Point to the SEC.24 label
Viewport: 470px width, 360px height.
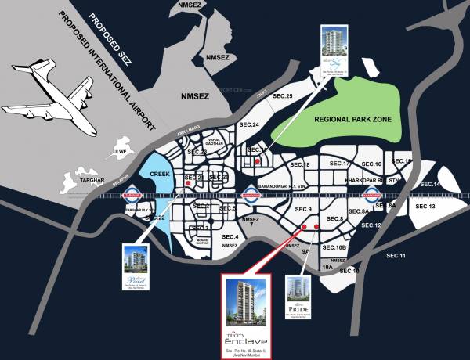click(249, 125)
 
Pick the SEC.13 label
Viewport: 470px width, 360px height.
click(426, 206)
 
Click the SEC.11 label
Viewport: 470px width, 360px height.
click(397, 256)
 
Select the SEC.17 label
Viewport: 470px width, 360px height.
click(339, 164)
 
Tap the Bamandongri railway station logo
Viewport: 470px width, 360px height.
click(249, 196)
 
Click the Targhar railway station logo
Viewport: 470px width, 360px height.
click(132, 196)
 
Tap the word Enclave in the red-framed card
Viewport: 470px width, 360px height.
click(244, 343)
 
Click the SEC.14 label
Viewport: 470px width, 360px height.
click(432, 185)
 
